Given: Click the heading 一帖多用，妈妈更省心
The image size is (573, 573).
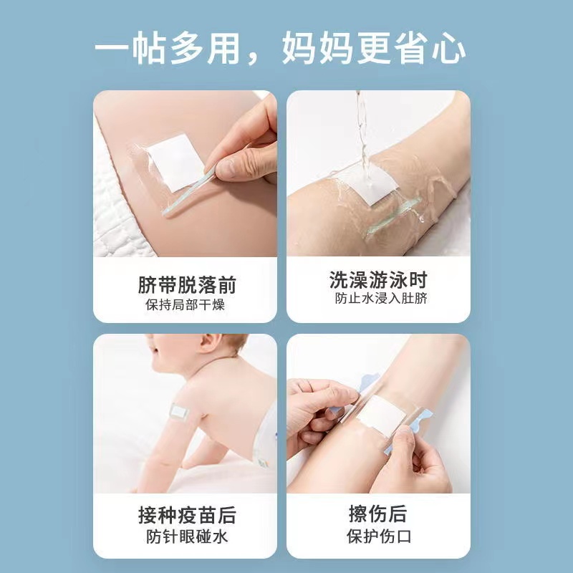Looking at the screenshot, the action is [280, 48].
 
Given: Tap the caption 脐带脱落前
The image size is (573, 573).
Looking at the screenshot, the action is [187, 284].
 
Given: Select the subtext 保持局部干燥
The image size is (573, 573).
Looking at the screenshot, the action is [185, 304].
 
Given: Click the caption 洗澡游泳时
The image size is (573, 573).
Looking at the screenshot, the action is [378, 280].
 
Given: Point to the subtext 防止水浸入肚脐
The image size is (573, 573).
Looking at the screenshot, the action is [381, 298].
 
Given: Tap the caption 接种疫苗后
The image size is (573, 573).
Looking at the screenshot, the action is [187, 515].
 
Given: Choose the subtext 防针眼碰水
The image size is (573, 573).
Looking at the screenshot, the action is [187, 536].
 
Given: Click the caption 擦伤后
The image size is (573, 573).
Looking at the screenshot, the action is [378, 514].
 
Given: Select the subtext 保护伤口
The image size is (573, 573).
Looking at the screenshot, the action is [379, 536].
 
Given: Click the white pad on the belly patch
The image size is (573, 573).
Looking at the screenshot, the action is [176, 163].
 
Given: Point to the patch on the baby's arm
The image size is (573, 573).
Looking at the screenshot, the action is [178, 413].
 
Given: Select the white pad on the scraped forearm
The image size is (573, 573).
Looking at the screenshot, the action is [382, 415].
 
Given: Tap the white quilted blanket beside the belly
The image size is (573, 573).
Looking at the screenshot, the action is [117, 205].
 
